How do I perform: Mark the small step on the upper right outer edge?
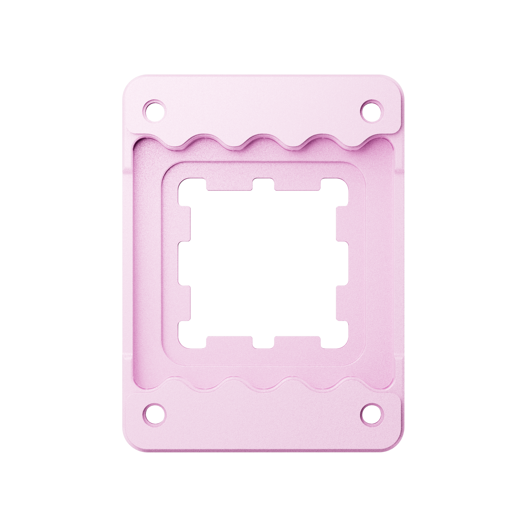[400, 171]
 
